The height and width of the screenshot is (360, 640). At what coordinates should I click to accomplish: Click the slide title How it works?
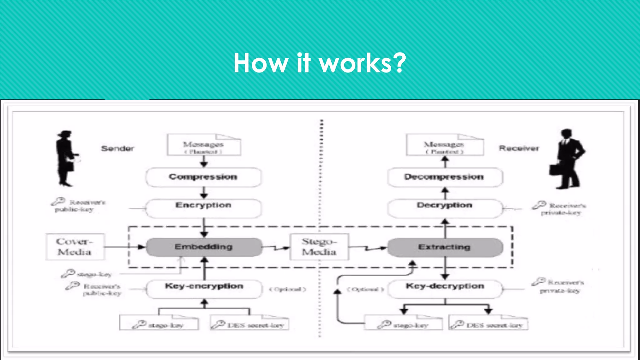click(319, 63)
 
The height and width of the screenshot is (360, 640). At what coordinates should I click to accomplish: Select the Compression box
click(203, 177)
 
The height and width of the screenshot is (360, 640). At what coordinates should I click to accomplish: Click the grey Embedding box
click(204, 247)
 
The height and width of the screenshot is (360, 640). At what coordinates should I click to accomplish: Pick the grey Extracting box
click(445, 247)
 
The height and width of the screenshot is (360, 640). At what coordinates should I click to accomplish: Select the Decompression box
click(445, 177)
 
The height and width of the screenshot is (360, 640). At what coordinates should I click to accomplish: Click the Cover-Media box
click(75, 247)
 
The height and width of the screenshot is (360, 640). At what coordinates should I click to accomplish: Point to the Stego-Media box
click(319, 247)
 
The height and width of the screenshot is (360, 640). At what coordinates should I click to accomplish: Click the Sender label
click(117, 148)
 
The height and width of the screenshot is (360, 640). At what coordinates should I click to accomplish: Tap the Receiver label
click(519, 148)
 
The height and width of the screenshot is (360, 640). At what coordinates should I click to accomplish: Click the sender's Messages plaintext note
click(204, 145)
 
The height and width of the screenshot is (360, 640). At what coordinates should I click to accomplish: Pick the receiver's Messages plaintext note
click(445, 145)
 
